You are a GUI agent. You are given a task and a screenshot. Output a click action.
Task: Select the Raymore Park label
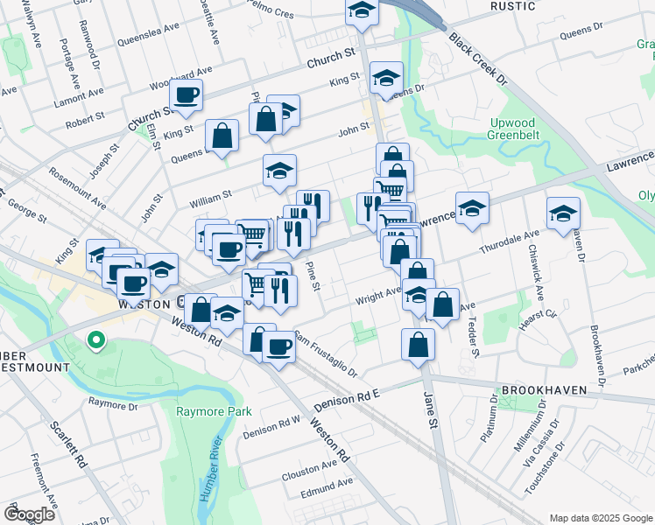coord(214,411)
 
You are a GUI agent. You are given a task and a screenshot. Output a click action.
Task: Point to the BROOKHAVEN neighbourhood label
coord(539,390)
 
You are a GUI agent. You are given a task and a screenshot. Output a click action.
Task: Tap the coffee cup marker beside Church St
coord(186,95)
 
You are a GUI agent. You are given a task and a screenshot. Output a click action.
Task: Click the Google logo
coord(29,514)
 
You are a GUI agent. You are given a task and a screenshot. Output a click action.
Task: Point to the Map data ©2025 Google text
coord(600,517)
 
